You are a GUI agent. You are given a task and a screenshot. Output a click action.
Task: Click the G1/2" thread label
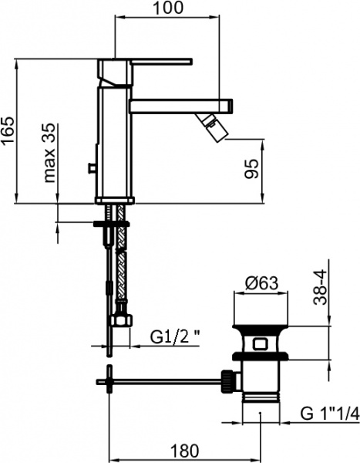(x=175, y=336)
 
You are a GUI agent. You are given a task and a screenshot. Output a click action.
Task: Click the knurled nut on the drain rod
(x=228, y=380)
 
